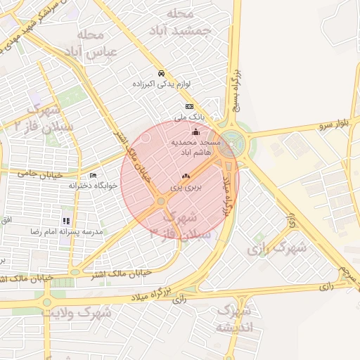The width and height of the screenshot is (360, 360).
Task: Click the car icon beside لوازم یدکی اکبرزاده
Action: [x=162, y=73]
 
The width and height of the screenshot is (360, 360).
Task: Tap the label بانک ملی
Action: [x=189, y=117]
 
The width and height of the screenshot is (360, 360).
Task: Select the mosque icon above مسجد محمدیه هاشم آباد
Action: [x=195, y=131]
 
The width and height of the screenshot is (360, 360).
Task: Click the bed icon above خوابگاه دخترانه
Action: [x=94, y=175]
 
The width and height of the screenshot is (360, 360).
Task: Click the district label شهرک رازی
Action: [x=277, y=248]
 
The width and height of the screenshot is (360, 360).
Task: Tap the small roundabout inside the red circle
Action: [x=161, y=201]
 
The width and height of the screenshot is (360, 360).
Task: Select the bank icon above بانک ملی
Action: [x=188, y=106]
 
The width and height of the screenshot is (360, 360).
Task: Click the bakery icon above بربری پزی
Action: [x=186, y=176]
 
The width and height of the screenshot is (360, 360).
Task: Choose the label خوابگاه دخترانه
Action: [x=93, y=186]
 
